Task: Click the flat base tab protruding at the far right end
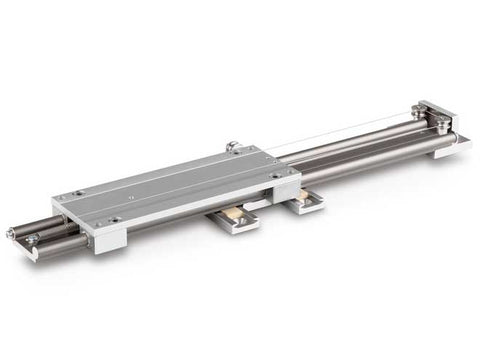(459, 145)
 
